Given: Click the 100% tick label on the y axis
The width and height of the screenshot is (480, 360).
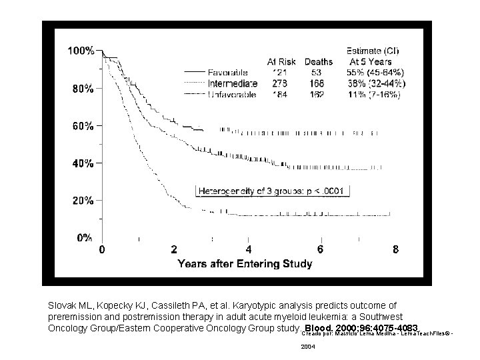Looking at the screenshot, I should point(81,51).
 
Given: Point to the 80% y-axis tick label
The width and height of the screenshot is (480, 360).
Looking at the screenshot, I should point(83,88).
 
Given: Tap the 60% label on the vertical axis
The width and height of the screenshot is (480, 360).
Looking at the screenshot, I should point(83,125).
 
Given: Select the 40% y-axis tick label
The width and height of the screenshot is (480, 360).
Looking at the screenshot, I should point(83,163).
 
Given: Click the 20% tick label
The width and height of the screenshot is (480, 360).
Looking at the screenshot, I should point(83,200).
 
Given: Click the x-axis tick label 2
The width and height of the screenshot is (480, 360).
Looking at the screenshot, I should point(175,250).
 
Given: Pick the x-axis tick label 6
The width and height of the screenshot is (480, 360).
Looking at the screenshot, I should point(321,250).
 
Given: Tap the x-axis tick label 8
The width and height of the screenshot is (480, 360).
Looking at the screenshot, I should point(395,250).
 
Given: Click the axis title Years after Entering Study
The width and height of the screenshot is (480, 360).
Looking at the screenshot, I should point(245,264).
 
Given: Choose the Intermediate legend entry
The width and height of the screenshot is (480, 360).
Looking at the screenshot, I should point(233,83).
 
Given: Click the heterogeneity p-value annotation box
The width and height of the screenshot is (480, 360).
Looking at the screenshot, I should point(273,191).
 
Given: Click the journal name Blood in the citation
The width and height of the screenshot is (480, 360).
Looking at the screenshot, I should point(317,329).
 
